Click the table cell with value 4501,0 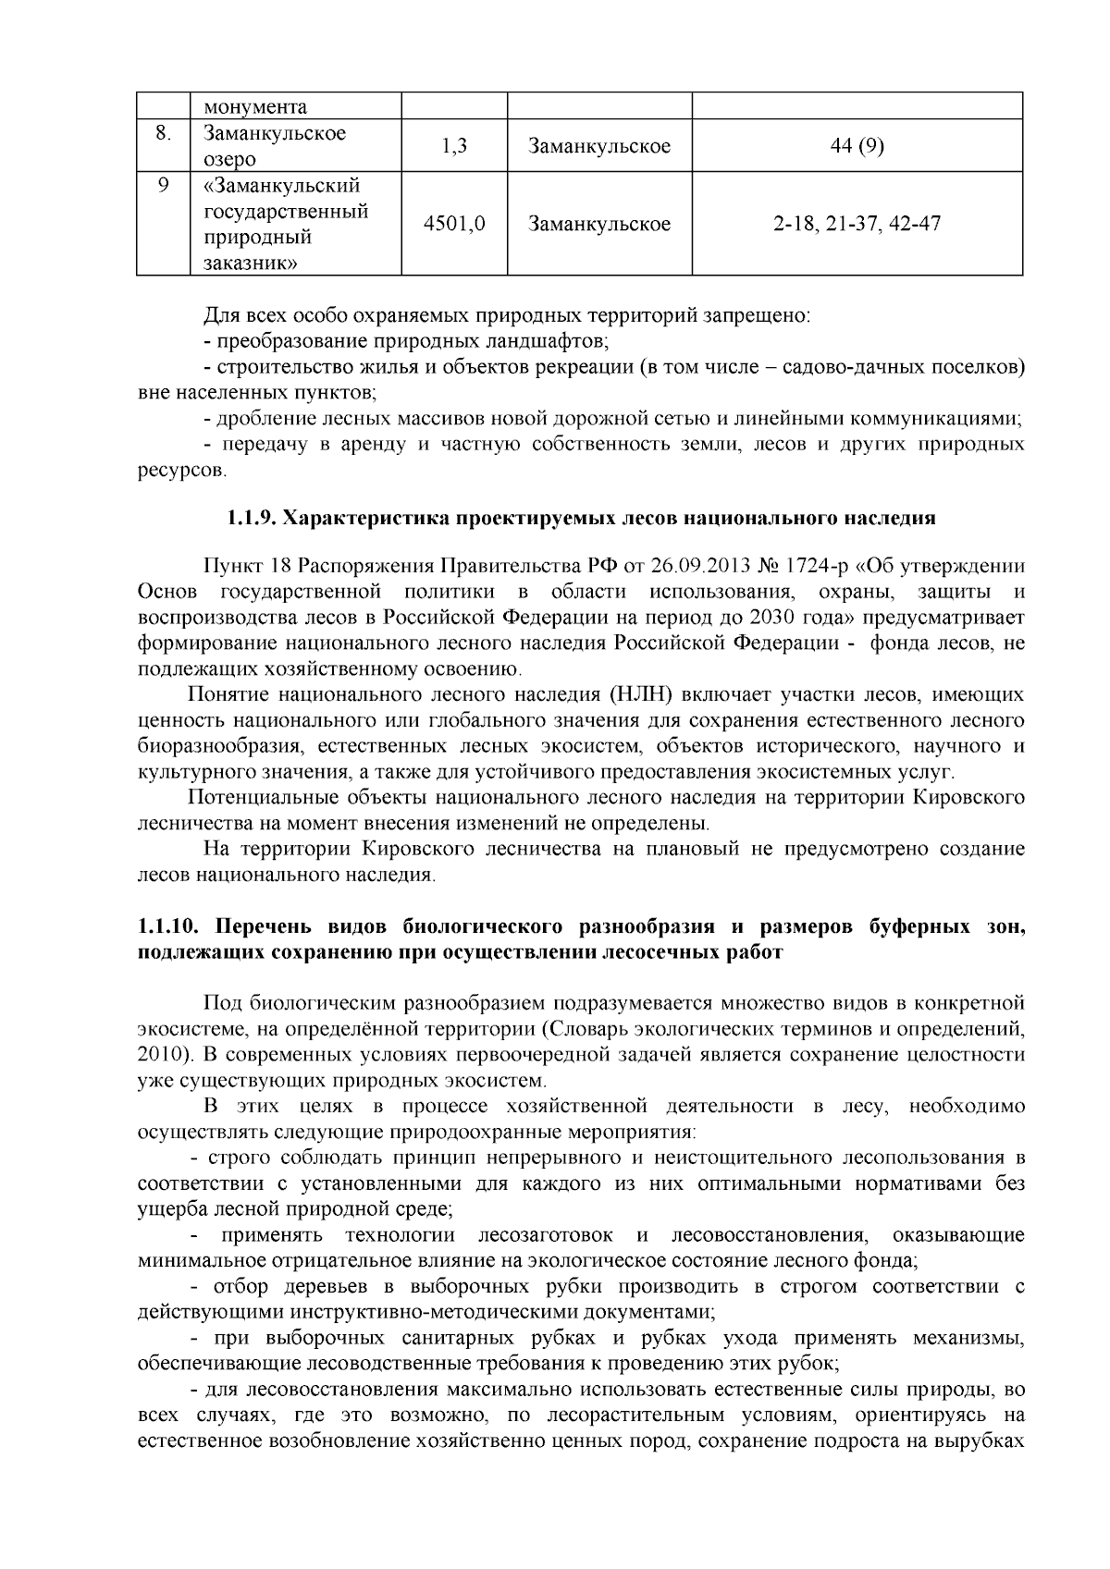point(454,225)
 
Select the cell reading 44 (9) point(857,146)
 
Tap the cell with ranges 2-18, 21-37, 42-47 point(857,225)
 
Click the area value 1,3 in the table point(454,146)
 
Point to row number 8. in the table point(163,133)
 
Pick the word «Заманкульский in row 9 point(281,185)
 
